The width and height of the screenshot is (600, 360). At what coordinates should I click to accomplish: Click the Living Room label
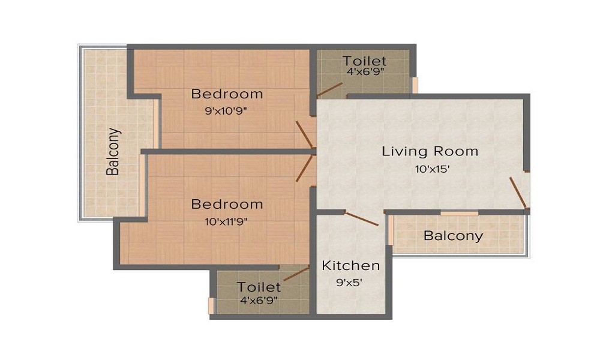(430, 151)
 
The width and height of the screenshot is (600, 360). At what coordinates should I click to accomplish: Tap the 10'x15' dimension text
(432, 169)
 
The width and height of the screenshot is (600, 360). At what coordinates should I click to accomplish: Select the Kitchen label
(351, 266)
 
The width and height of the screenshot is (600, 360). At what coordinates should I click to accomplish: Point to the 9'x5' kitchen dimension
(349, 283)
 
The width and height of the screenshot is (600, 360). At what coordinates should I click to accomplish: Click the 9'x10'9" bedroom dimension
(226, 112)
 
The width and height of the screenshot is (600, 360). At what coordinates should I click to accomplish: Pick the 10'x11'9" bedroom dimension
(226, 221)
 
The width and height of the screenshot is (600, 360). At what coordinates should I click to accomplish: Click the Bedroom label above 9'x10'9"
(227, 94)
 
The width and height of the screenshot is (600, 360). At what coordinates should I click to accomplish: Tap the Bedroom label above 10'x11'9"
(227, 204)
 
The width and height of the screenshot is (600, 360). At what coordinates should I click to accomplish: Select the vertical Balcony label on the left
(113, 151)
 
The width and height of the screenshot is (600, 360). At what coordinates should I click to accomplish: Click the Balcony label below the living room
(454, 236)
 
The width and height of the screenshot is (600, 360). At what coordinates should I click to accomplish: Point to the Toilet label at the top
(364, 61)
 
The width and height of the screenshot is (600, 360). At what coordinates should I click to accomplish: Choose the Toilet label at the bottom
(259, 287)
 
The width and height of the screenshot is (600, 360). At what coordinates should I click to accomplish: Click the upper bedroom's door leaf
(305, 134)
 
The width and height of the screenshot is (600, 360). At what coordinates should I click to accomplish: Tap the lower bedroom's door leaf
(305, 169)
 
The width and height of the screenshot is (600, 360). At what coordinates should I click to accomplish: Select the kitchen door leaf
(361, 218)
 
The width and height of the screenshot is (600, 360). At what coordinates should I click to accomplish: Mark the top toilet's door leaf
(329, 89)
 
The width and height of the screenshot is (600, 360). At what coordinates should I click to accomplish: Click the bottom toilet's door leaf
(296, 274)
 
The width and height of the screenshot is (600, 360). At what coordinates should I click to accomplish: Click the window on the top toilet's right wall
(414, 85)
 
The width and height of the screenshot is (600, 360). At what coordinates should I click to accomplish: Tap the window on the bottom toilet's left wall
(211, 305)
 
